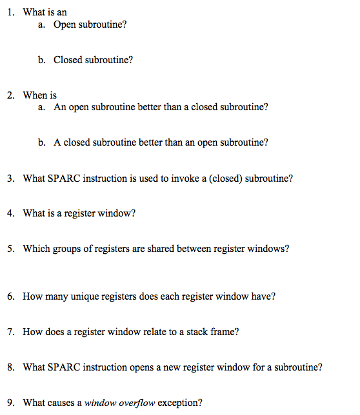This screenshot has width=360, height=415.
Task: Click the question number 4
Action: click(x=11, y=213)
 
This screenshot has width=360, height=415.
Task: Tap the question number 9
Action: click(x=11, y=403)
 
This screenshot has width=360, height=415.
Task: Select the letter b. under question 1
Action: click(x=41, y=60)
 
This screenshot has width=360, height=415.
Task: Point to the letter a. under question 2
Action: click(x=41, y=108)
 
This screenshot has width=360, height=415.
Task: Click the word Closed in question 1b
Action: click(x=68, y=60)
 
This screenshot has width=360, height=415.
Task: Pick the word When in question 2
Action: click(x=35, y=95)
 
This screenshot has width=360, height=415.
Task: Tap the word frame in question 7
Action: click(x=224, y=333)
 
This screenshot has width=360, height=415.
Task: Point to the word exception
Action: click(x=180, y=403)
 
